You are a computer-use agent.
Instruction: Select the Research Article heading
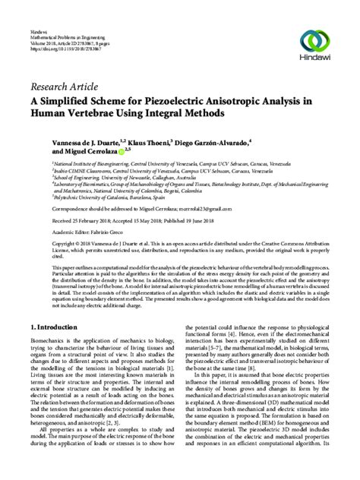65,85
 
